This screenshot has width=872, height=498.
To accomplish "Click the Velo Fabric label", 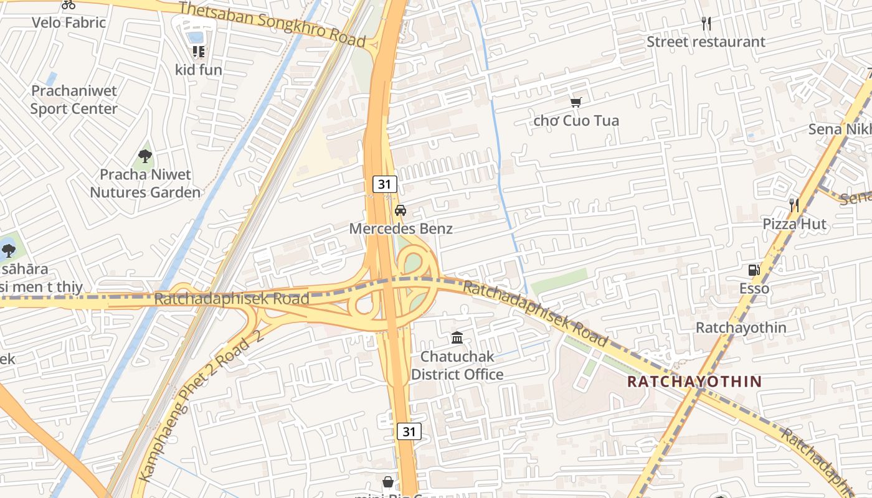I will (69, 23).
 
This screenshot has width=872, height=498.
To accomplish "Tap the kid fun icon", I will (199, 52).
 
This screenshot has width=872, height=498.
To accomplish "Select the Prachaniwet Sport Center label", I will (74, 100).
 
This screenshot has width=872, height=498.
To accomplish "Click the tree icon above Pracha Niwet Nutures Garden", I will (145, 156).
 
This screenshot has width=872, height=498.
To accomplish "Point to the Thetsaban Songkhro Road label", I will (272, 24).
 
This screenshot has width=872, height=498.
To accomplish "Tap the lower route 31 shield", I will (409, 431).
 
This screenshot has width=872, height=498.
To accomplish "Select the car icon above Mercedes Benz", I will (400, 210).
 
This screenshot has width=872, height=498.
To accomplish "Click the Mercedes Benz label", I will (400, 228).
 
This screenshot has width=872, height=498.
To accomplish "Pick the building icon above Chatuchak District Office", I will (457, 338).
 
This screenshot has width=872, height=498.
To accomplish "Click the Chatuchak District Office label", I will (457, 365).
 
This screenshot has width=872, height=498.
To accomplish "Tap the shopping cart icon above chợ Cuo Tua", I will (576, 101).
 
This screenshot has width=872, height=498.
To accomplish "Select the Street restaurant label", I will (706, 42).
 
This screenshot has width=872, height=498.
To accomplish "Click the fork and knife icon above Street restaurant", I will (706, 24).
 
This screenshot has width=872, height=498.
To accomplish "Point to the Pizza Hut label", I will (795, 224).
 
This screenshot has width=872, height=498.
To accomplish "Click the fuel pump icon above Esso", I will (754, 270).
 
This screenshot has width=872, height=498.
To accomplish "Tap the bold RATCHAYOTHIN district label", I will (694, 382).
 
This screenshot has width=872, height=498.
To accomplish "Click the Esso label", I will (754, 289).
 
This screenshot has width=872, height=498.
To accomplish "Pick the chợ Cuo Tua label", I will (576, 120).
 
